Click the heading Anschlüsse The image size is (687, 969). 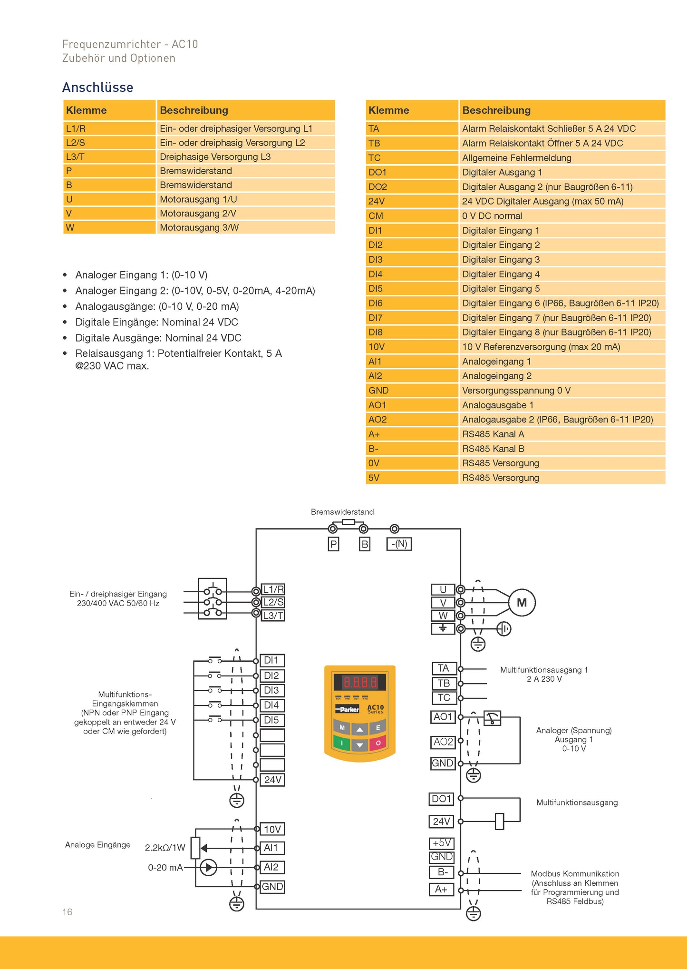97,88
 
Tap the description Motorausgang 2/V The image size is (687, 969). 198,213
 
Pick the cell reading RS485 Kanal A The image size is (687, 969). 493,434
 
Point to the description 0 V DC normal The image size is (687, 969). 492,216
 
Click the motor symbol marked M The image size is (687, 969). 522,603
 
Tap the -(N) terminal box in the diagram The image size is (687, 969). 399,544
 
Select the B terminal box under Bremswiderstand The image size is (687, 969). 365,544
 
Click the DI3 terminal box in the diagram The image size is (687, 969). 271,690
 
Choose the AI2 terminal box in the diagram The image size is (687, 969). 271,867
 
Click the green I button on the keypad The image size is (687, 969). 341,743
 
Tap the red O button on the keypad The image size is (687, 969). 378,743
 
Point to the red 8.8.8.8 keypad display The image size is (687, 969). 360,683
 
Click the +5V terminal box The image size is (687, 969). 442,843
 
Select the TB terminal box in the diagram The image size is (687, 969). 444,683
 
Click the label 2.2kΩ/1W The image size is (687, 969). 165,848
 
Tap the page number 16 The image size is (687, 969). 68,912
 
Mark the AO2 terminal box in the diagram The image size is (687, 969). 443,742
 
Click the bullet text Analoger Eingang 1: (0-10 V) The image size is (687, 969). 141,275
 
